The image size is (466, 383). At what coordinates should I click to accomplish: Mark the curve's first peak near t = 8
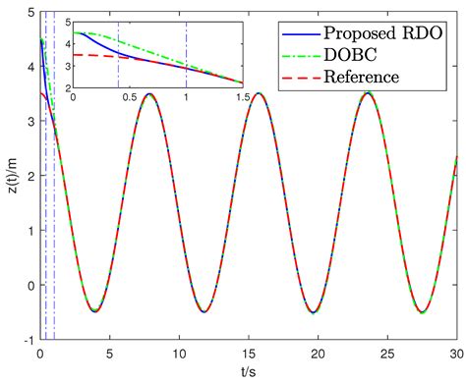148,94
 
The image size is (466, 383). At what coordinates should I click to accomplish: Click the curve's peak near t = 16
258,94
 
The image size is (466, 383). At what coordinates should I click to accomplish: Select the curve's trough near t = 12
204,311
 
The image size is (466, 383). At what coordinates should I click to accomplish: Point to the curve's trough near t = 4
94,311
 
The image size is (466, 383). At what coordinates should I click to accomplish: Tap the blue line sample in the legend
297,31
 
